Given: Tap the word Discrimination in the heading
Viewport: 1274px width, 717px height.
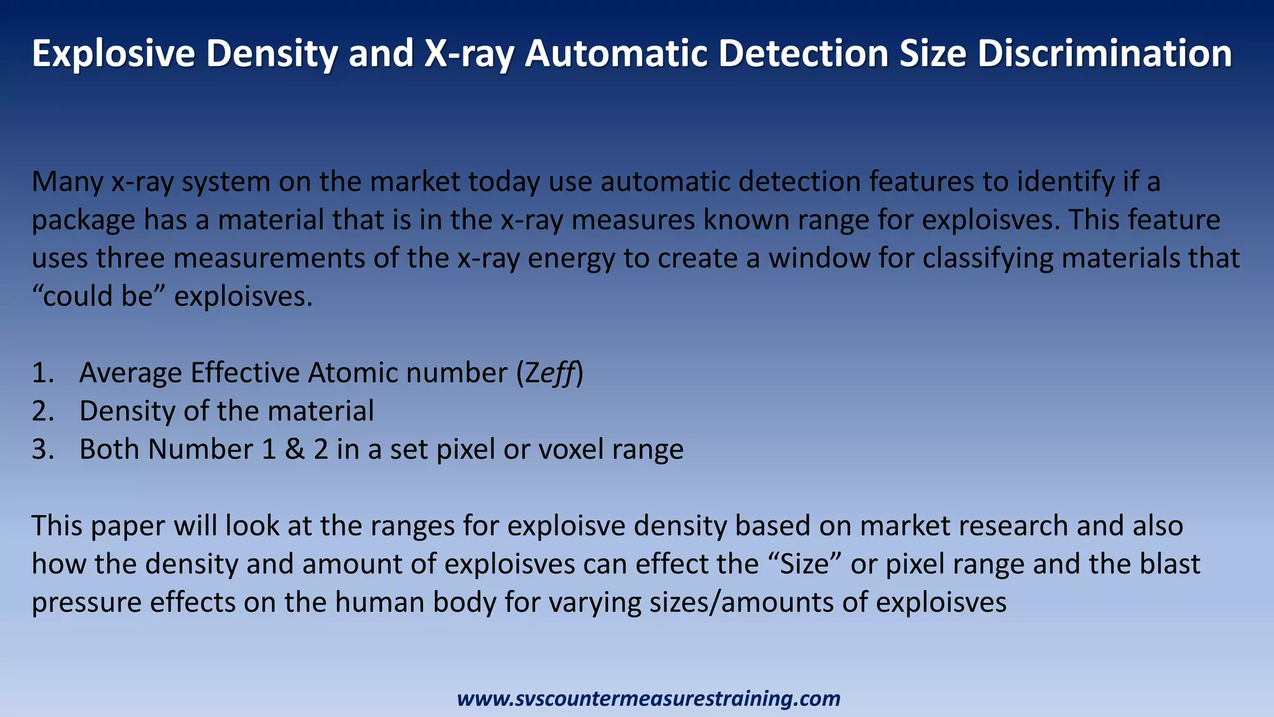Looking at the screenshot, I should pos(1104,54).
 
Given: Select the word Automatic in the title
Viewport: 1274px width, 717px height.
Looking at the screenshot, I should pos(616,54).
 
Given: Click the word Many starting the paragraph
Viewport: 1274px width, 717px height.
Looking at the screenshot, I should pos(67,182).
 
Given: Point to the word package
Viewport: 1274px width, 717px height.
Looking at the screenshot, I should pos(83,221).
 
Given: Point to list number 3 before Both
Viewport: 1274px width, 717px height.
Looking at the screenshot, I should pos(43,449).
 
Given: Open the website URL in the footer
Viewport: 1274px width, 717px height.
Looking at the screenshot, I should pos(649,698).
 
